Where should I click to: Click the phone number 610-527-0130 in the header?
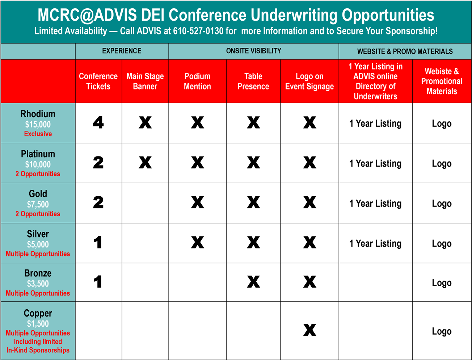pos(198,31)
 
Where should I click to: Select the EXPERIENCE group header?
pos(122,51)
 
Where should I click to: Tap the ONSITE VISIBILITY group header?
pos(253,51)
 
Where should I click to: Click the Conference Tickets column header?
pos(98,81)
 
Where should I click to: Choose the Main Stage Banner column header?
pos(145,81)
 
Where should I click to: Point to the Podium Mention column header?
pos(197,81)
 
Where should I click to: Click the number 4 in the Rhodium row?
pos(98,122)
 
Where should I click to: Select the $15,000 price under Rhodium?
pos(38,125)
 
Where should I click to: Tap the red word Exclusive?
pos(38,134)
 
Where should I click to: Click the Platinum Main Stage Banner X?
pos(145,162)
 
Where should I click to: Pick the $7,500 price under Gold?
pos(38,205)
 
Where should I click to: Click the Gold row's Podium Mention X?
pos(197,202)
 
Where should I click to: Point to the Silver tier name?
pos(38,234)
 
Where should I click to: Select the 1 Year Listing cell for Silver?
pos(375,244)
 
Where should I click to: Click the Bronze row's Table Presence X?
pos(253,282)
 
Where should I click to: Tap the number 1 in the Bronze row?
pos(98,282)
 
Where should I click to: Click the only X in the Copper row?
pos(309,330)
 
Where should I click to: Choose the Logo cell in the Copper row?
pos(442,331)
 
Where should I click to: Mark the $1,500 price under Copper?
pos(38,324)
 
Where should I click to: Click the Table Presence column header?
pos(253,81)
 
